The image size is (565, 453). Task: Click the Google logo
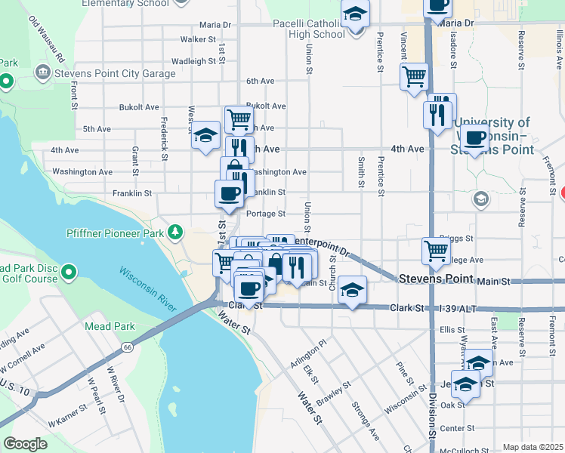[25, 443]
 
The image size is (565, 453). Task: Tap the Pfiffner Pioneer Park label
[115, 234]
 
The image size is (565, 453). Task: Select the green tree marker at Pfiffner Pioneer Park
[175, 230]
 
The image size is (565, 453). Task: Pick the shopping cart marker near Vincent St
[414, 76]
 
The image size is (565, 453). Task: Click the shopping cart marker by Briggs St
[436, 250]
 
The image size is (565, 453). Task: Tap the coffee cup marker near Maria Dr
[437, 6]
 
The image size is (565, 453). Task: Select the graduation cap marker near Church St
[352, 290]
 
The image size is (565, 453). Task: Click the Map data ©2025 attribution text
[533, 447]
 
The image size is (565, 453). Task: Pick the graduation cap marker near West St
[205, 136]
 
